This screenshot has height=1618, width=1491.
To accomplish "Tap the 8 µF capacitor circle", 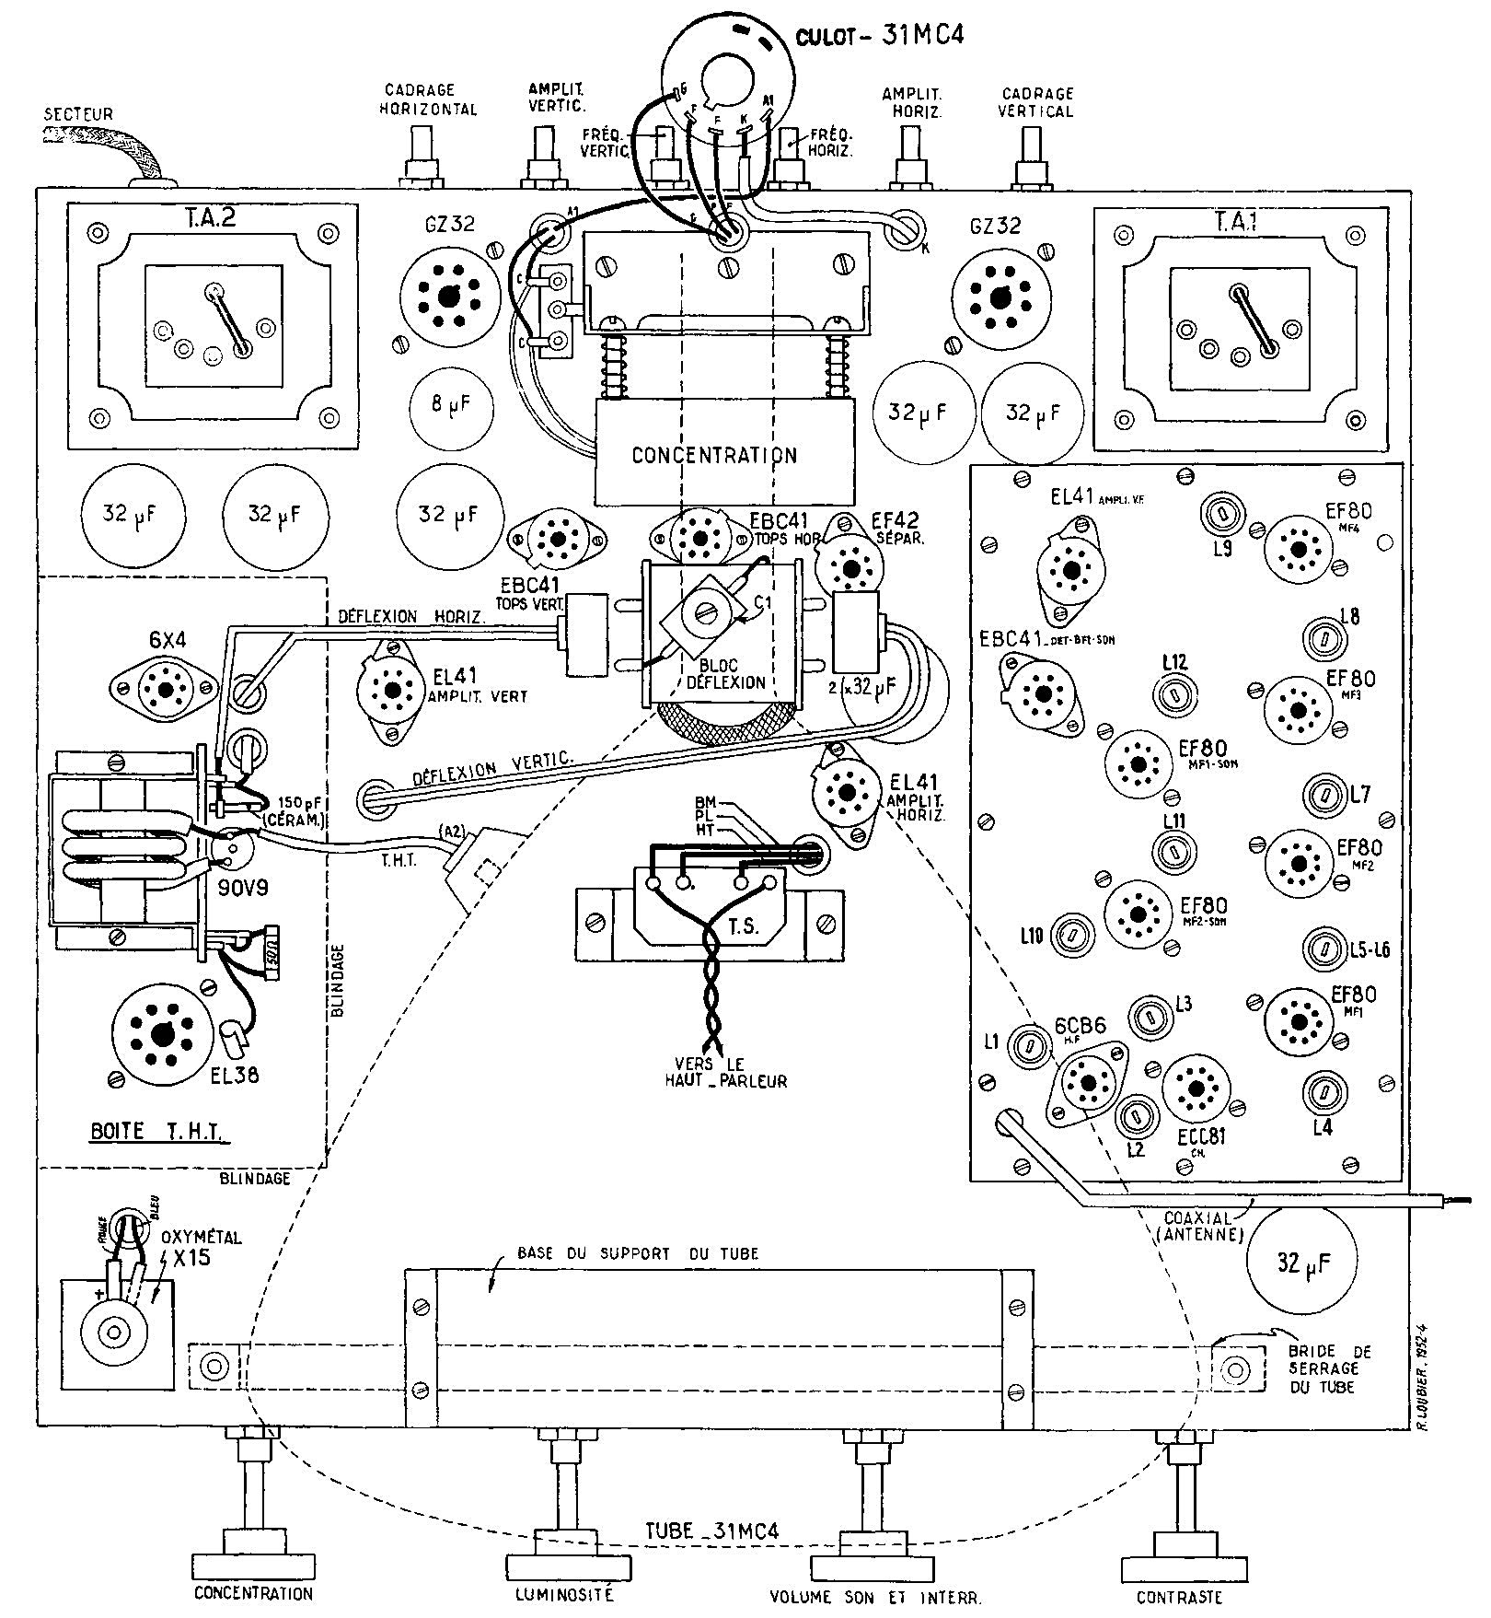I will coord(449,406).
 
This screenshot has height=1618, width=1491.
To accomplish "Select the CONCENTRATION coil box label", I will coord(714,455).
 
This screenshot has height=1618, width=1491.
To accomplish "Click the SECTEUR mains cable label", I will coord(79,114).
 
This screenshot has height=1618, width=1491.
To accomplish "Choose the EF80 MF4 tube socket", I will coord(1299,550).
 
